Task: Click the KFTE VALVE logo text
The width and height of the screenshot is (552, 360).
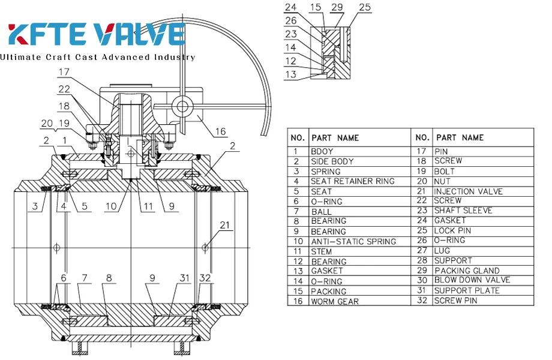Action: tap(96, 34)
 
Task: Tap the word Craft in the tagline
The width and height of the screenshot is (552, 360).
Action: tap(65, 58)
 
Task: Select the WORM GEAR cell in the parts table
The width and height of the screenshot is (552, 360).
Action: tap(335, 301)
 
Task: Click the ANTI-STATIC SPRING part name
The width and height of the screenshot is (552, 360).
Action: tap(353, 241)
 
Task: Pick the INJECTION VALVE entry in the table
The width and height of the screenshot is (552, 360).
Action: tap(468, 191)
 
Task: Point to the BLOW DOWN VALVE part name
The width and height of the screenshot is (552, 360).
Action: tap(472, 280)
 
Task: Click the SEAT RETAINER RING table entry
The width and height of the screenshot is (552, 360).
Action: tap(352, 181)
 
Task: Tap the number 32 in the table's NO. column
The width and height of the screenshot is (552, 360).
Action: tap(422, 300)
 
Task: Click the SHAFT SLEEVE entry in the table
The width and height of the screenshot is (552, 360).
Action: tap(463, 211)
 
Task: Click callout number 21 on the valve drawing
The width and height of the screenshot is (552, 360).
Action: tap(224, 225)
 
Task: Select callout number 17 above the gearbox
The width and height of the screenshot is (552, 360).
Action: tap(64, 73)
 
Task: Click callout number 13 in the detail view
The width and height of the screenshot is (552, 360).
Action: tap(290, 75)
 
